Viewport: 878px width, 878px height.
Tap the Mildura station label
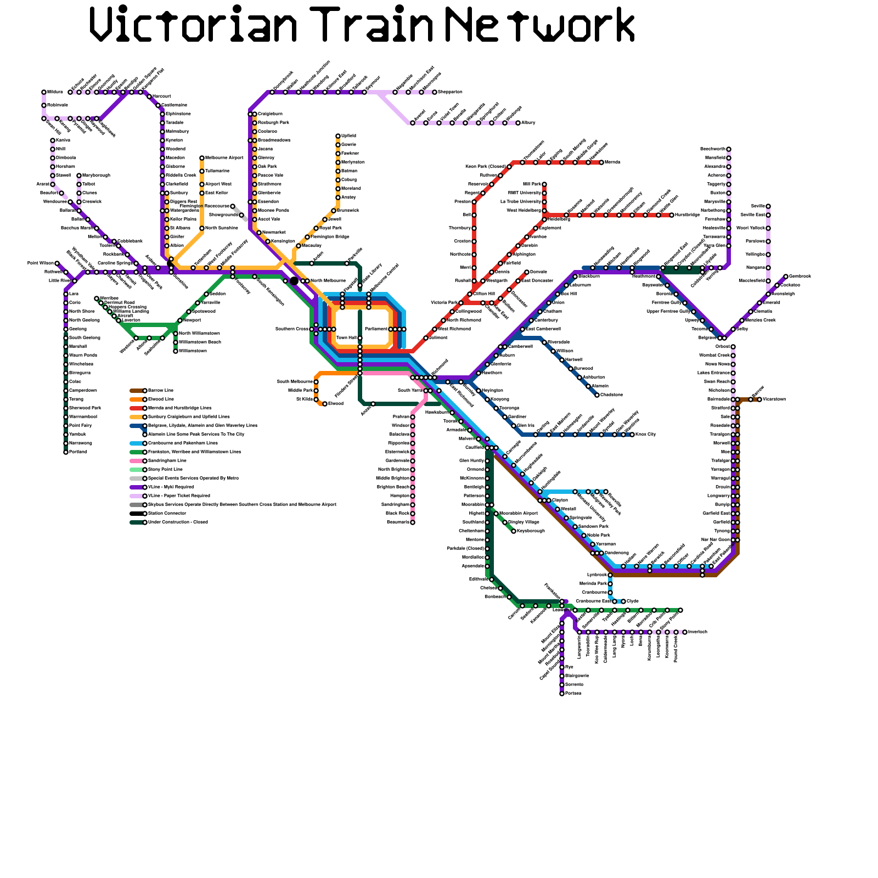[55, 92]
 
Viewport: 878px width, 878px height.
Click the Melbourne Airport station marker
[202, 158]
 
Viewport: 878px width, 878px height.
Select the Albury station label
[528, 122]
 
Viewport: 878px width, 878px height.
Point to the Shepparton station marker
[435, 92]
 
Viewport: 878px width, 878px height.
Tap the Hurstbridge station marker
[672, 215]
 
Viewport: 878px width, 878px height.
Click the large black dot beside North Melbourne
[294, 281]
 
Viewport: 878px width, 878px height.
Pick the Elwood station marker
[325, 404]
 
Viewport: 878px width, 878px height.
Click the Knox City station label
[645, 434]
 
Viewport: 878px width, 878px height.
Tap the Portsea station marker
[562, 694]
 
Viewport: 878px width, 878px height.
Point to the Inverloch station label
[697, 632]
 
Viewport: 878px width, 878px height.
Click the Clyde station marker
[623, 601]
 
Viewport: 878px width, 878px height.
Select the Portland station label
[78, 452]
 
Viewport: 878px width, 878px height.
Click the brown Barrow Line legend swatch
[136, 391]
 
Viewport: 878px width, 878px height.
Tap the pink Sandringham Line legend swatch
[136, 461]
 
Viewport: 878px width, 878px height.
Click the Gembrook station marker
[786, 277]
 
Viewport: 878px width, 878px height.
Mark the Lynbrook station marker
[610, 575]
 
